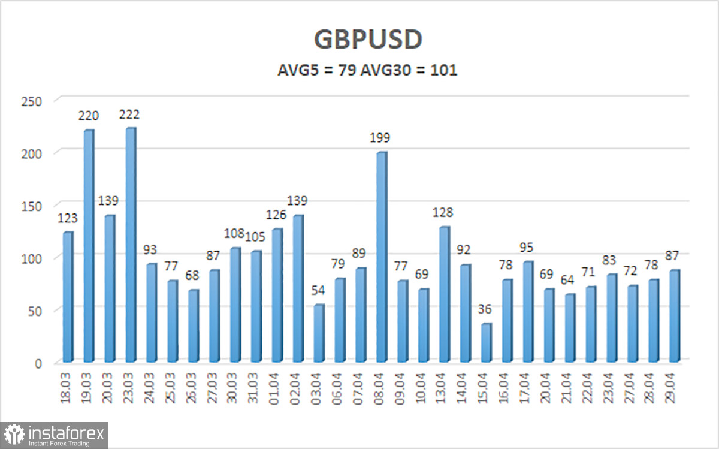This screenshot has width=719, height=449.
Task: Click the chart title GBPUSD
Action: click(x=368, y=40)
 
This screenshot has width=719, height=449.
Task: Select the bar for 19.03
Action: click(x=89, y=246)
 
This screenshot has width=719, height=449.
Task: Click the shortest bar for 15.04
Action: click(x=485, y=342)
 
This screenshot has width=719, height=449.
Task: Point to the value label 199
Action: click(x=380, y=138)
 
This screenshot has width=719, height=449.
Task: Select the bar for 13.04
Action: click(x=444, y=294)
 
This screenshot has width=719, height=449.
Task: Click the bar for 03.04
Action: click(x=319, y=333)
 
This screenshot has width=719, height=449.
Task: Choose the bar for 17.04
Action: click(x=527, y=311)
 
